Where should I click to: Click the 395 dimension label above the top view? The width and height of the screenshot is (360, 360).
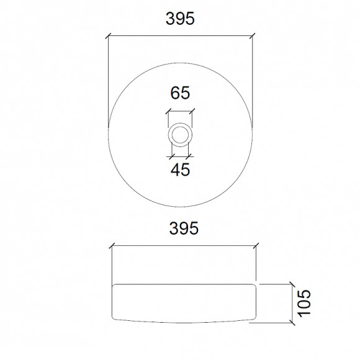[180, 19]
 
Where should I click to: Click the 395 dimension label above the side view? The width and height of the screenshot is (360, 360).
[184, 228]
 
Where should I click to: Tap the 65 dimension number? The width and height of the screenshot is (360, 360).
[180, 92]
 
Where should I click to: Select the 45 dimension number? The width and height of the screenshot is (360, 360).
[181, 169]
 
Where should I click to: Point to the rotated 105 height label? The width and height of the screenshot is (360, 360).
[304, 303]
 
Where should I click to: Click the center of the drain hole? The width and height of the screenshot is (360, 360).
[180, 135]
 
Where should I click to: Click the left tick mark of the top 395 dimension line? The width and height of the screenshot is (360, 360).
[108, 36]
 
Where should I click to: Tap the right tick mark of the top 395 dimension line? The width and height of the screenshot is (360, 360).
[253, 36]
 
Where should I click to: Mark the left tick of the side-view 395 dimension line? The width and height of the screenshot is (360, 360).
[112, 246]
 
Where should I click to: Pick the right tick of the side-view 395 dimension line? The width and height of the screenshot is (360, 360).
[256, 246]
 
